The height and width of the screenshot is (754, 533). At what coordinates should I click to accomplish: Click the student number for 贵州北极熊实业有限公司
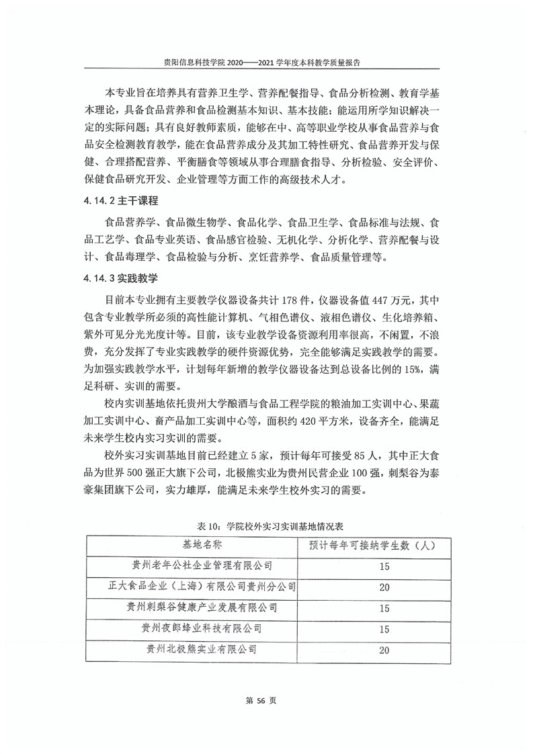[x=384, y=651]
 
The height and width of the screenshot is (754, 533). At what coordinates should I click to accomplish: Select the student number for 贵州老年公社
[x=384, y=567]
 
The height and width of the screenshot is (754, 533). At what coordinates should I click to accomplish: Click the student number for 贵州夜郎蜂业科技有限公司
[x=384, y=630]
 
